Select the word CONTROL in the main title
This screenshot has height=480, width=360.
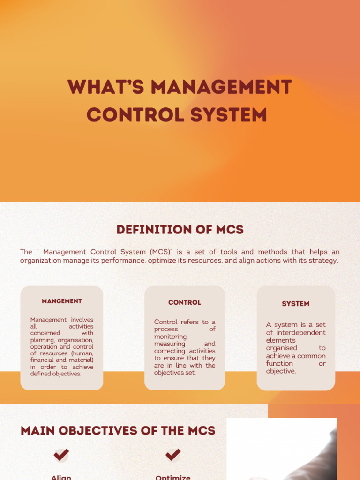(x=127, y=115)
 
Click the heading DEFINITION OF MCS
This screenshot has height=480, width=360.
(x=180, y=230)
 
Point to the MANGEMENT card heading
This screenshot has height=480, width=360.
(x=62, y=301)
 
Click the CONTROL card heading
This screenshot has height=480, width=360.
(x=185, y=303)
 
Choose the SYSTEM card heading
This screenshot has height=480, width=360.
(x=296, y=304)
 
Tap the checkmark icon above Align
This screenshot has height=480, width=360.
(x=61, y=454)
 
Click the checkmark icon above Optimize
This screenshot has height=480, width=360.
(x=173, y=454)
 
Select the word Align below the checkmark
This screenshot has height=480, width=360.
(x=61, y=477)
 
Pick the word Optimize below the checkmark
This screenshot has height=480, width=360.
(x=173, y=477)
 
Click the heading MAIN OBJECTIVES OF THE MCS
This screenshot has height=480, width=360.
(x=118, y=431)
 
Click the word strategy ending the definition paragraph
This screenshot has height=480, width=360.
(x=323, y=261)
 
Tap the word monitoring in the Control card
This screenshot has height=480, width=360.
(x=171, y=337)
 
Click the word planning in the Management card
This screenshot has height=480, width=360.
(x=42, y=340)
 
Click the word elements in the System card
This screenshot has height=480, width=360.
(x=281, y=340)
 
